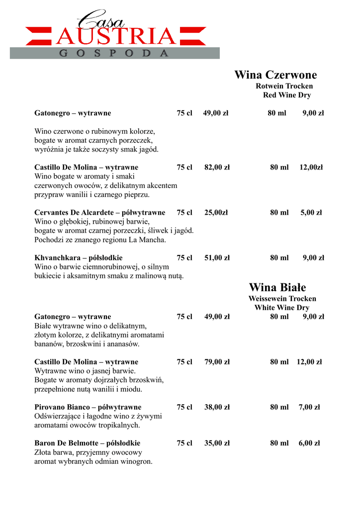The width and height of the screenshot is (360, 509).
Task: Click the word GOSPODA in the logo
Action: [114, 53]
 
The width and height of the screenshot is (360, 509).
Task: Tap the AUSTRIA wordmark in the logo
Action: [116, 36]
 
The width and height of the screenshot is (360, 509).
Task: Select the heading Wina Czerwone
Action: [275, 75]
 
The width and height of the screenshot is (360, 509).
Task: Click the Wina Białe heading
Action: [277, 287]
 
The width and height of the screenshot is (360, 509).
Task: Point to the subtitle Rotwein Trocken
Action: [284, 86]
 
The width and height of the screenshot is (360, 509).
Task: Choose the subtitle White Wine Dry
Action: [282, 308]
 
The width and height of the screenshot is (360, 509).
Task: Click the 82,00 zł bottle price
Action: [217, 168]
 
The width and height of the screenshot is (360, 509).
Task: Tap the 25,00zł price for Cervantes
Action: [216, 213]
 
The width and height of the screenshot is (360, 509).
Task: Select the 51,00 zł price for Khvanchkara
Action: [217, 258]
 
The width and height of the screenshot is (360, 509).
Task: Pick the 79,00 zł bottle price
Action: [217, 362]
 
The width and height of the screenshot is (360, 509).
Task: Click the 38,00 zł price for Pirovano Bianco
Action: [217, 407]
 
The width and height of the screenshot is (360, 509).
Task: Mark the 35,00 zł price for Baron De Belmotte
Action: [217, 443]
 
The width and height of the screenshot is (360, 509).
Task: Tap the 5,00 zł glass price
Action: [311, 213]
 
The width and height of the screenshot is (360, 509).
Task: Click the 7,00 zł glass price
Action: [309, 407]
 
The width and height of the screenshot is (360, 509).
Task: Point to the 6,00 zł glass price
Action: [309, 443]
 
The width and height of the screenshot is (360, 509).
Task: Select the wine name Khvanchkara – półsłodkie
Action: [79, 258]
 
